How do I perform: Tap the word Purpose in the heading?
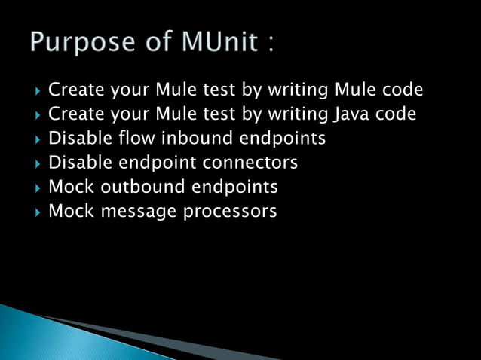pos(78,42)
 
